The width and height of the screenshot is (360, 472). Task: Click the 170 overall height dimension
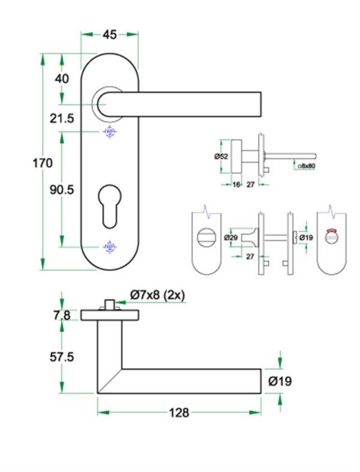coord(43,163)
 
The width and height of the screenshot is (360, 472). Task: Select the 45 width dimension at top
coord(109,35)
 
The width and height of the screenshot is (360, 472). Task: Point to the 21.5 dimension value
coord(62,119)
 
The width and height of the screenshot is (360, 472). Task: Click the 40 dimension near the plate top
coord(62,79)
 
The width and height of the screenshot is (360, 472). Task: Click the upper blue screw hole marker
coord(109,132)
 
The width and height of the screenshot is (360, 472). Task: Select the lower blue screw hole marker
coord(109,246)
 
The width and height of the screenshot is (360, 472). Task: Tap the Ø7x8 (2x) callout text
coord(157,294)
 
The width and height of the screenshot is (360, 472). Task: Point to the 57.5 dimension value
coord(62,357)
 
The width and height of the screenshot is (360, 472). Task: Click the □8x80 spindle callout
coord(308,165)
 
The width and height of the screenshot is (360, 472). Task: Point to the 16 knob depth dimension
coord(236,185)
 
